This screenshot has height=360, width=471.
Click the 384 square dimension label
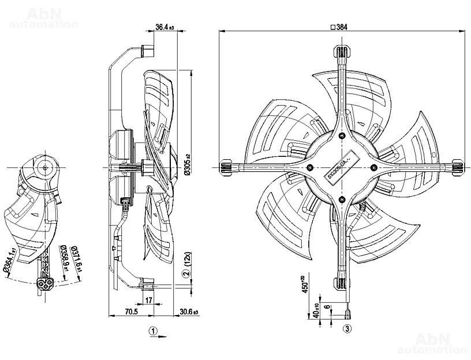point(341,27)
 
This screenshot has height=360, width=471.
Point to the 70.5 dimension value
point(131,312)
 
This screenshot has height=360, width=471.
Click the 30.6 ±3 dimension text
point(189,312)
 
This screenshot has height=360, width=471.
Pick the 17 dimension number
point(149,299)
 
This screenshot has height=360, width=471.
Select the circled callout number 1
point(152,331)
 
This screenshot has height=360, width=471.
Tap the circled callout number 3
point(347,329)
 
